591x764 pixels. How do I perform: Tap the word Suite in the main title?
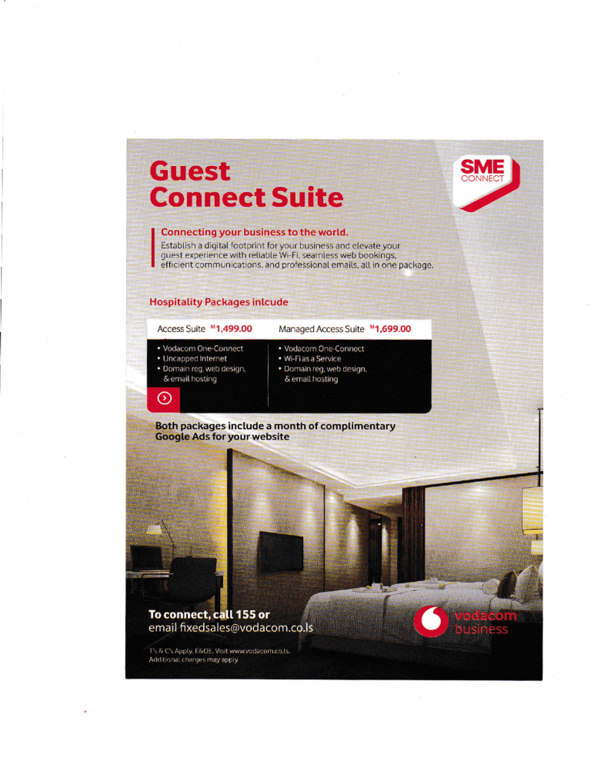click(x=303, y=198)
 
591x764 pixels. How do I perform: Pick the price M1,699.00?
click(x=391, y=328)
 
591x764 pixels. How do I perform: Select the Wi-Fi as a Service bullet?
click(x=309, y=358)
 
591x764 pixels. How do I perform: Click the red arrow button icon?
click(x=163, y=398)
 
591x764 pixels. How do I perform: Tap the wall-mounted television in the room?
click(x=279, y=549)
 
